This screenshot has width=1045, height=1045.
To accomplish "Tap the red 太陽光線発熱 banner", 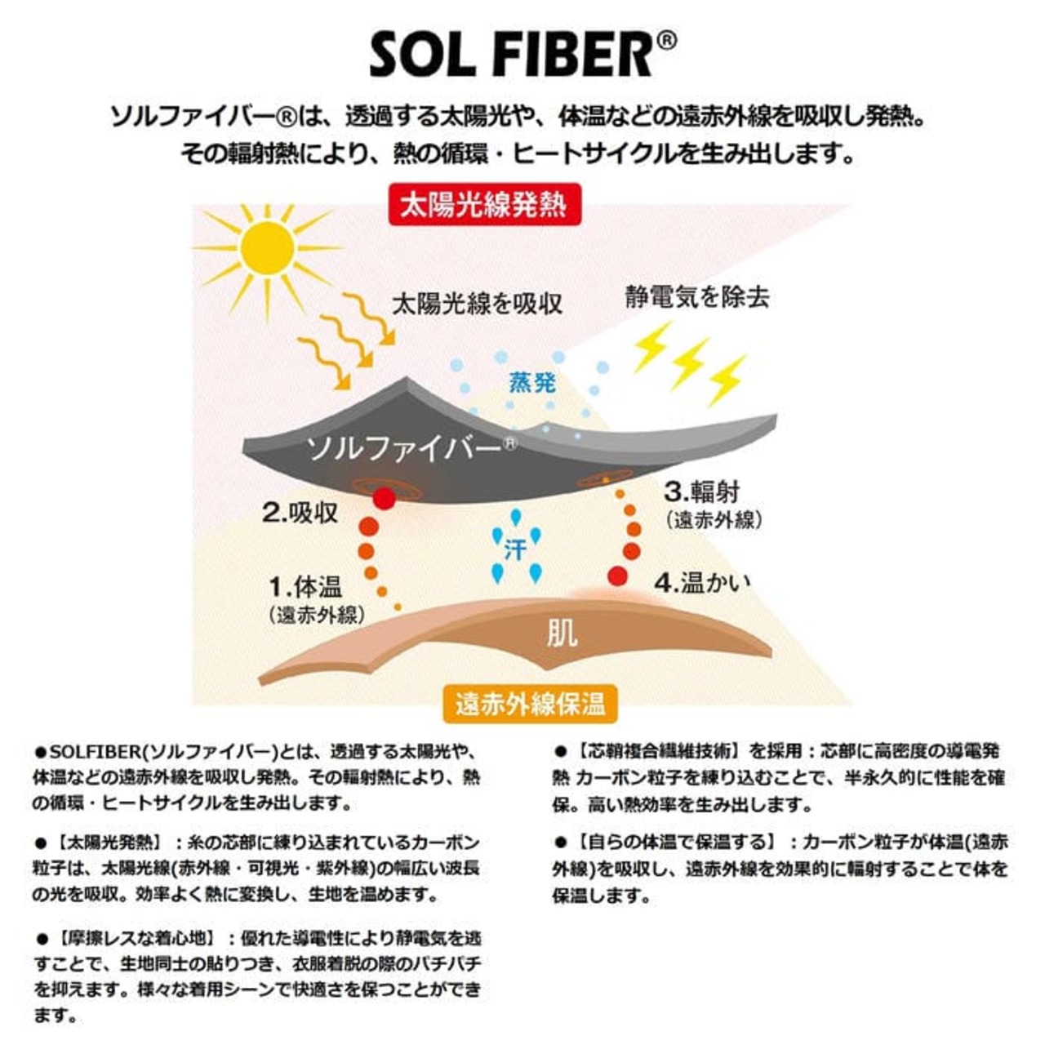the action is [x=483, y=204].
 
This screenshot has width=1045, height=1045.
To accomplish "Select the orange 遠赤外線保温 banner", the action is [x=531, y=704].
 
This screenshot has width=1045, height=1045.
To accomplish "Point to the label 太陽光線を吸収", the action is [x=478, y=304].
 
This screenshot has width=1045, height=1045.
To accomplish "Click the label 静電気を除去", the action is [x=697, y=296].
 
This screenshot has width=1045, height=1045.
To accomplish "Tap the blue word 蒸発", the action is [x=532, y=381].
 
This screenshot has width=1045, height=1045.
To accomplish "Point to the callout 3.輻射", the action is [x=701, y=491].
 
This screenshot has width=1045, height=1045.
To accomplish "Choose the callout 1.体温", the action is [x=305, y=586].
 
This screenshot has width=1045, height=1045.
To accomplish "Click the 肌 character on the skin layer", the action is [x=562, y=633].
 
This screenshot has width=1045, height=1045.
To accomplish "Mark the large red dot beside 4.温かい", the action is [x=617, y=576].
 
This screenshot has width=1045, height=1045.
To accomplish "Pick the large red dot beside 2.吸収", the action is [x=384, y=498].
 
